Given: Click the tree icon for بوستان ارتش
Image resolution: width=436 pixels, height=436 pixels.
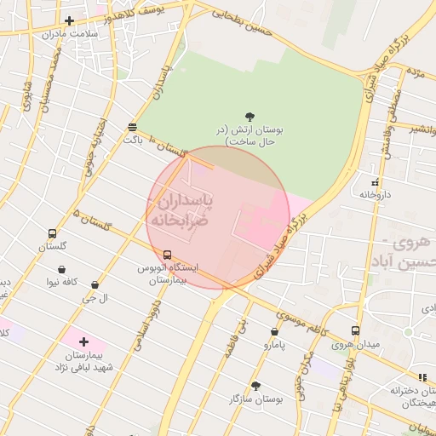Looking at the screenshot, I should pos(250,117).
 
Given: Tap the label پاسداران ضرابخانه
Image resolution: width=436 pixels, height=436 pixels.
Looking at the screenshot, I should pos(183,209).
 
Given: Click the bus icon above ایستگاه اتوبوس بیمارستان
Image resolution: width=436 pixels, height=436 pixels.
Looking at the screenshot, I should pos(167,255).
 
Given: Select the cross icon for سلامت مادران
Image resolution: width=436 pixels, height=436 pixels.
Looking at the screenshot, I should pos(69,21).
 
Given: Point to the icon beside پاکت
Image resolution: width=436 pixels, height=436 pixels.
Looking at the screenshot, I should pos(132,127).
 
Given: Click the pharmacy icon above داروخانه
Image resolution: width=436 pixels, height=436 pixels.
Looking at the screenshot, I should pos(375,181).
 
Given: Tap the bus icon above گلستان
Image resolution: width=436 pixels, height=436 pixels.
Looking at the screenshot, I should pos(52,234).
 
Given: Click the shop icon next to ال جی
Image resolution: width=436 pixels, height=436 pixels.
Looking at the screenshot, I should pos(94,285).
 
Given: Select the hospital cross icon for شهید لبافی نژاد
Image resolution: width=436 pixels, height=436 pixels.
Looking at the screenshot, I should pos(83,341).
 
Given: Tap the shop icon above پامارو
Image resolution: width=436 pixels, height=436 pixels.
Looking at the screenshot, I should pos(274,332).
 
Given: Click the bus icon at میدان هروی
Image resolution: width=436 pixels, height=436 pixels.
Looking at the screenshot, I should pos(355,331).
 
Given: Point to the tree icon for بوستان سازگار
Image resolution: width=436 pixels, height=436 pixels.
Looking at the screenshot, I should pos(255,386).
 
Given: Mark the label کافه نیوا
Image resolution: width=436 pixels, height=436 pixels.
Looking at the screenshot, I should pos(62,282).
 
